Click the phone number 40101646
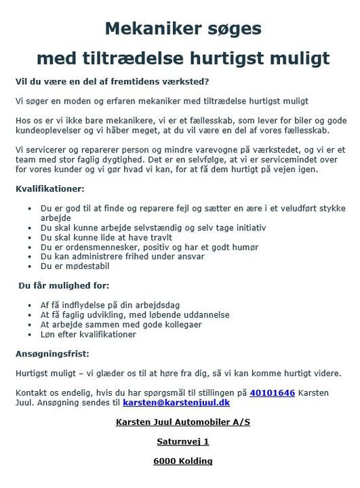click(x=272, y=392)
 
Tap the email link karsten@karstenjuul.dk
click(x=176, y=403)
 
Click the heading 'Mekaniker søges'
click(x=183, y=28)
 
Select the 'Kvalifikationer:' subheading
click(x=50, y=187)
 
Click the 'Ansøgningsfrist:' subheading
click(x=52, y=354)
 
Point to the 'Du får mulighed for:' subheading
click(x=64, y=286)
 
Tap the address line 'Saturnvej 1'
click(x=183, y=441)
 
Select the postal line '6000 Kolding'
click(x=183, y=462)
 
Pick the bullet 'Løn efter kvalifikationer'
click(x=88, y=334)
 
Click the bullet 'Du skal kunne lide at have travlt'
click(x=106, y=237)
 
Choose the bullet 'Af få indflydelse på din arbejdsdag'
click(x=110, y=305)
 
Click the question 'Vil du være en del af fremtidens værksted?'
click(x=113, y=81)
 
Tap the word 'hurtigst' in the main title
click(x=224, y=57)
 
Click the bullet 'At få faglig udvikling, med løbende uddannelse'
click(x=135, y=315)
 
